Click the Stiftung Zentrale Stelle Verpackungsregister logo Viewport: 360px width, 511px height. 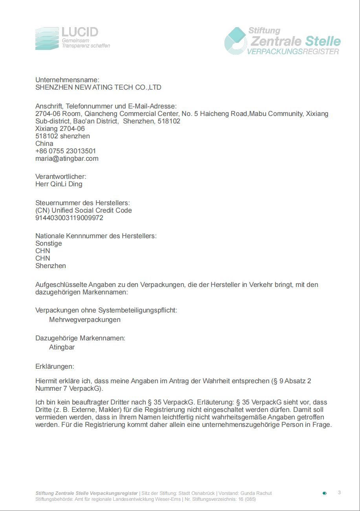tap(282, 41)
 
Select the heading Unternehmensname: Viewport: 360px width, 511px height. tap(67, 80)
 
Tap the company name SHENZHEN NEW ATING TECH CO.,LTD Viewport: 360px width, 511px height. tap(98, 87)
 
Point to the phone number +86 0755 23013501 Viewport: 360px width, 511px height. tap(66, 151)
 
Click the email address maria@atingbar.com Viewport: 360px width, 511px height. tap(67, 158)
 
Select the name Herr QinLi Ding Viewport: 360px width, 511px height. tap(59, 184)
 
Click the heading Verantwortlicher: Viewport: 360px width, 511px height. tap(61, 176)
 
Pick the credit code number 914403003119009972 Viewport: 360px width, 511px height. tap(69, 218)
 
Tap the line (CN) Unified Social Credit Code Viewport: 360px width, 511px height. tap(84, 210)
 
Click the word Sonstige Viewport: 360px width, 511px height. tap(49, 243)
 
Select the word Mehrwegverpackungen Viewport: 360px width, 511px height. tap(85, 320)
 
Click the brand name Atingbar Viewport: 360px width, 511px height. tap(62, 347)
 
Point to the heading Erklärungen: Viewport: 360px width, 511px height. tap(55, 366)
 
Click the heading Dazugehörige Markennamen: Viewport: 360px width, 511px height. tap(81, 338)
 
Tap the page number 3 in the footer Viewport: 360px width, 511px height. tap(339, 493)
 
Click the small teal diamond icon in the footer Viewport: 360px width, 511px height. tap(325, 493)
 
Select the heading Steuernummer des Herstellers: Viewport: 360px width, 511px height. tap(83, 203)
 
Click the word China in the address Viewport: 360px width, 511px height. tap(44, 143)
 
